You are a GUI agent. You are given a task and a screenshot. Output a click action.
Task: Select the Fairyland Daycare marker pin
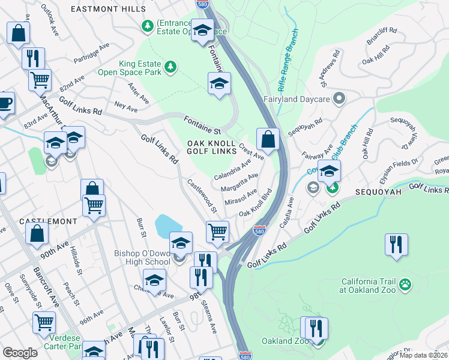(x=340, y=97)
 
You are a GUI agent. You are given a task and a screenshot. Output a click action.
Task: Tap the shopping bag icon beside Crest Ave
(x=268, y=139)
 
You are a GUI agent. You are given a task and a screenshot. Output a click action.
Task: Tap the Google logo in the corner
(x=20, y=353)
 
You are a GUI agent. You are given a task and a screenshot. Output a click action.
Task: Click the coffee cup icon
(x=5, y=102)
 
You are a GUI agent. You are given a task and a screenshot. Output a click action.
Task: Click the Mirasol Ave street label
(x=241, y=197)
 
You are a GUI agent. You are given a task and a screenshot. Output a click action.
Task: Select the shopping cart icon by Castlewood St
(x=217, y=231)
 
